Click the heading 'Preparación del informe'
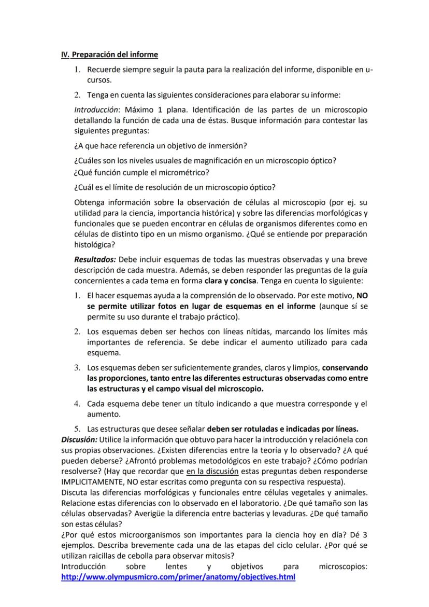115,54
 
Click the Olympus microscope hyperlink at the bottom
178,577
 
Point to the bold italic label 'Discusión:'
79,439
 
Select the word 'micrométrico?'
187,172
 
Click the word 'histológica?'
95,244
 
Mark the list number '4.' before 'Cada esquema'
77,404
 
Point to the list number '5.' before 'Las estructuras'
77,429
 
